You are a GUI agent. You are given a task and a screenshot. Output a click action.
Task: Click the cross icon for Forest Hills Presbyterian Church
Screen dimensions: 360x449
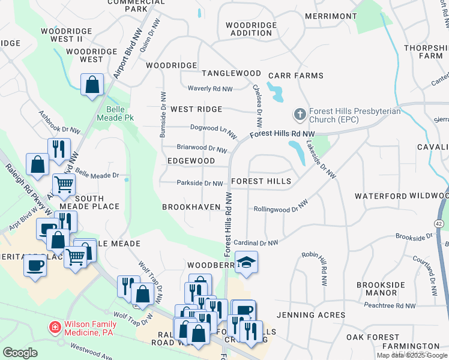(299, 113)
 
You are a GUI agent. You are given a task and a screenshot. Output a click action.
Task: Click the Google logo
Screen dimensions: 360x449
(20, 352)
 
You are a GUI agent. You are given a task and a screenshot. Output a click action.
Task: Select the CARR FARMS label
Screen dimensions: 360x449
(296, 76)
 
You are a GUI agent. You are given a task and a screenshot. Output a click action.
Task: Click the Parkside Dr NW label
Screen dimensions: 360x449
(200, 183)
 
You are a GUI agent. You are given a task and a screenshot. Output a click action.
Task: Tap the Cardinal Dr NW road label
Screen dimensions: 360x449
(256, 243)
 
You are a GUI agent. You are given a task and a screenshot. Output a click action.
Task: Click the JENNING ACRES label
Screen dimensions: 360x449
(310, 314)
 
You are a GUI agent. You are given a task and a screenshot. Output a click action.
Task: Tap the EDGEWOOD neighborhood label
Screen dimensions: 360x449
(191, 161)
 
